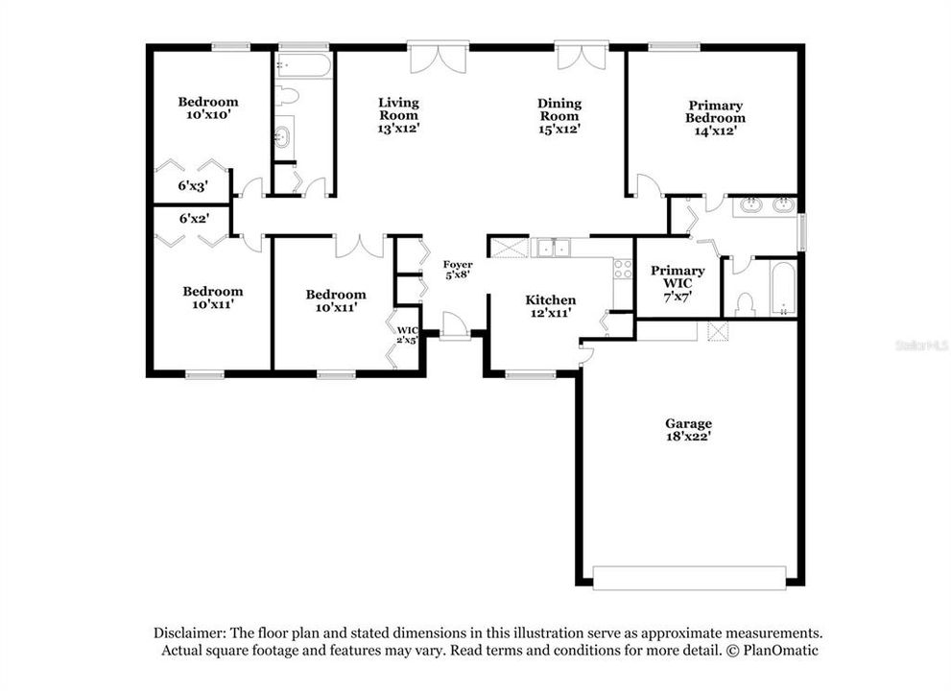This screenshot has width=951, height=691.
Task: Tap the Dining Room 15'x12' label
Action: point(559,115)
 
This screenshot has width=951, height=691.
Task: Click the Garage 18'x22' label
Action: point(689,429)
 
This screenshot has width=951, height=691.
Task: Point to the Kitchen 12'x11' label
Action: point(550,306)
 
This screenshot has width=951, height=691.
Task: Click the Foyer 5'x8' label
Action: point(457,271)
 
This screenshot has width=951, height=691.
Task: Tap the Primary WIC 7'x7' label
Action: point(678,284)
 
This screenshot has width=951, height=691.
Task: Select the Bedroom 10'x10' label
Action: point(208,107)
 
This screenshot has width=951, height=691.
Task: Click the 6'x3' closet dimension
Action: point(193,186)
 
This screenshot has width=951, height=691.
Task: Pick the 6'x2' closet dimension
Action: point(193,219)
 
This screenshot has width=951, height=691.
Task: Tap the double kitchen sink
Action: point(553,248)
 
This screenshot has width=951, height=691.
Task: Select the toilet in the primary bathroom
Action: point(744,304)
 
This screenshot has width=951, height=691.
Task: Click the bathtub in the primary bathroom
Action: point(783,288)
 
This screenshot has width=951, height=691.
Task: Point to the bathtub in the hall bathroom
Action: point(303,65)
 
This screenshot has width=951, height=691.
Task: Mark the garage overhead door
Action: point(689,578)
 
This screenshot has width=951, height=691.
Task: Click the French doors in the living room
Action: point(439,57)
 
